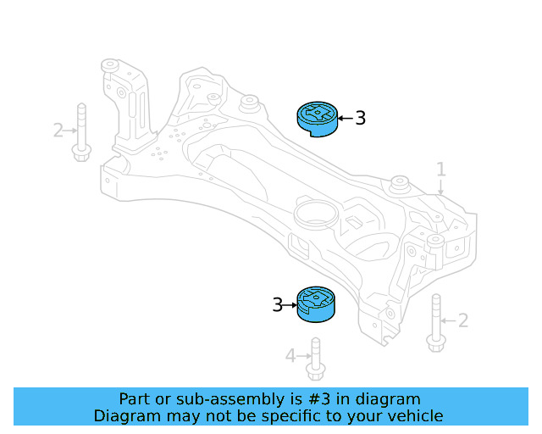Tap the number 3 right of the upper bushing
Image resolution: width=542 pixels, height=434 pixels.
click(x=360, y=119)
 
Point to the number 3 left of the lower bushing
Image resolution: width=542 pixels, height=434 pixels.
click(x=277, y=304)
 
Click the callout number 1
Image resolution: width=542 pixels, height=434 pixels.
click(x=440, y=170)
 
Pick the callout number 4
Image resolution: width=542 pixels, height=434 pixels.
click(x=290, y=356)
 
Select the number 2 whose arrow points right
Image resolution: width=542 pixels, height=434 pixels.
click(x=58, y=131)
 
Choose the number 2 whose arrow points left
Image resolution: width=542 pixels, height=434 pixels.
click(x=462, y=320)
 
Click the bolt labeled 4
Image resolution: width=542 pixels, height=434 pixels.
click(x=316, y=359)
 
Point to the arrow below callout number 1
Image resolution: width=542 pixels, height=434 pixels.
click(x=440, y=188)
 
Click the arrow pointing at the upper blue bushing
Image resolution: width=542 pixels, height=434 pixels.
click(x=345, y=119)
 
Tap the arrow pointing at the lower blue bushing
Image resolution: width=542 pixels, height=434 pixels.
click(x=290, y=304)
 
